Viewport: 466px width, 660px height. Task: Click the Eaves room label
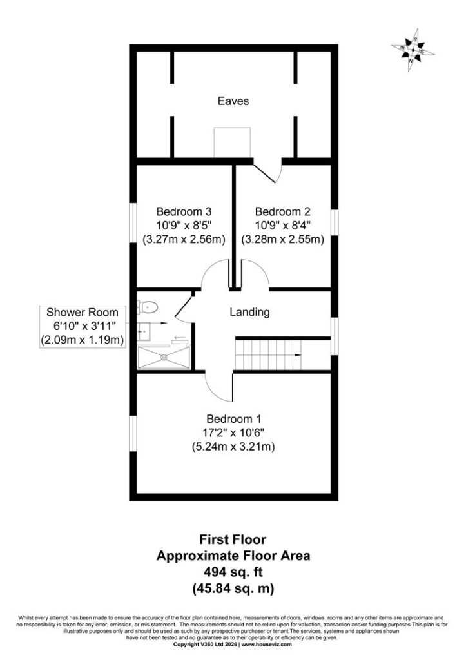(x=233, y=101)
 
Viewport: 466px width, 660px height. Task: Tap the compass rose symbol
(x=413, y=50)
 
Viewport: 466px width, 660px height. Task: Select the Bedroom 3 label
(x=184, y=211)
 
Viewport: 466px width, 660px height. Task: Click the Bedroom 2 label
(x=282, y=211)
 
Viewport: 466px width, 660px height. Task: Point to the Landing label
(x=249, y=312)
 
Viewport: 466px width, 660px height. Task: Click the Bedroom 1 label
(x=233, y=419)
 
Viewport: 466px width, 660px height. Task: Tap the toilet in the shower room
(x=148, y=307)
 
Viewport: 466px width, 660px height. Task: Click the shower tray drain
(x=164, y=358)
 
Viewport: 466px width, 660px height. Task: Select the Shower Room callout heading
(x=83, y=313)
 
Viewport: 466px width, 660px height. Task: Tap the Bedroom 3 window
(x=133, y=223)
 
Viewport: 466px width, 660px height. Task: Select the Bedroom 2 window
(x=335, y=222)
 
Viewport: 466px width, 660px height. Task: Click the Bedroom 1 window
(x=133, y=434)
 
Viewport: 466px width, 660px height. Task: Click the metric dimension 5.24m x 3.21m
(x=233, y=447)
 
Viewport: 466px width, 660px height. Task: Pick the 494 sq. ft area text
(x=233, y=572)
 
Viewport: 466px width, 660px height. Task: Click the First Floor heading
(x=233, y=539)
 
